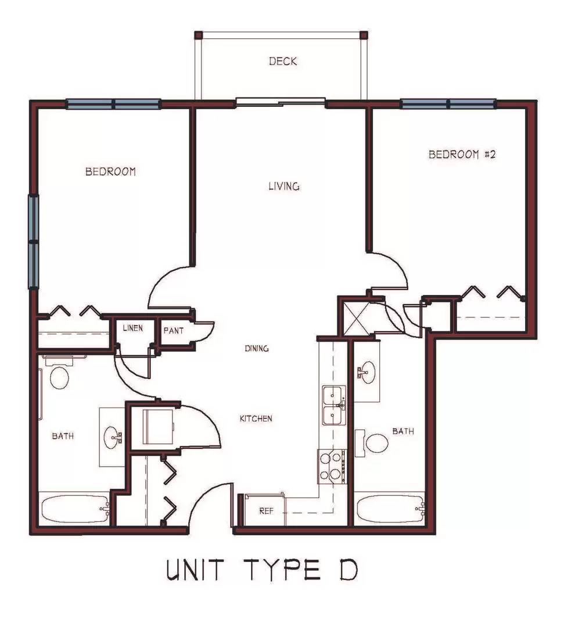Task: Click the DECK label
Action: point(283,61)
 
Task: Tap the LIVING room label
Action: point(284,186)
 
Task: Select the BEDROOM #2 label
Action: point(462,154)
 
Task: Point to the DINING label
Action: point(256,348)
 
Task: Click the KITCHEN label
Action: point(256,419)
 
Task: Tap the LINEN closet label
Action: point(133,328)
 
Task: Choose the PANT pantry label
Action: point(174,331)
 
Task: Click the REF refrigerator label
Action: point(267,511)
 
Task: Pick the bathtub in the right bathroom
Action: point(390,509)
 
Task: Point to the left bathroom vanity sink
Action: point(113,437)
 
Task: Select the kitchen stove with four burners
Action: point(332,467)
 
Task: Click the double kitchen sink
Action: point(334,405)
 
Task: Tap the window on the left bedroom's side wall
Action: point(34,242)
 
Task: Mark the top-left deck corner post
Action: point(198,35)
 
